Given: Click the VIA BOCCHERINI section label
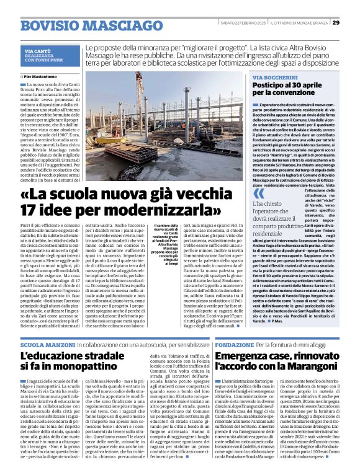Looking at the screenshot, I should click(276, 77).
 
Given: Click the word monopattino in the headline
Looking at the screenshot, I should click(99, 368).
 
